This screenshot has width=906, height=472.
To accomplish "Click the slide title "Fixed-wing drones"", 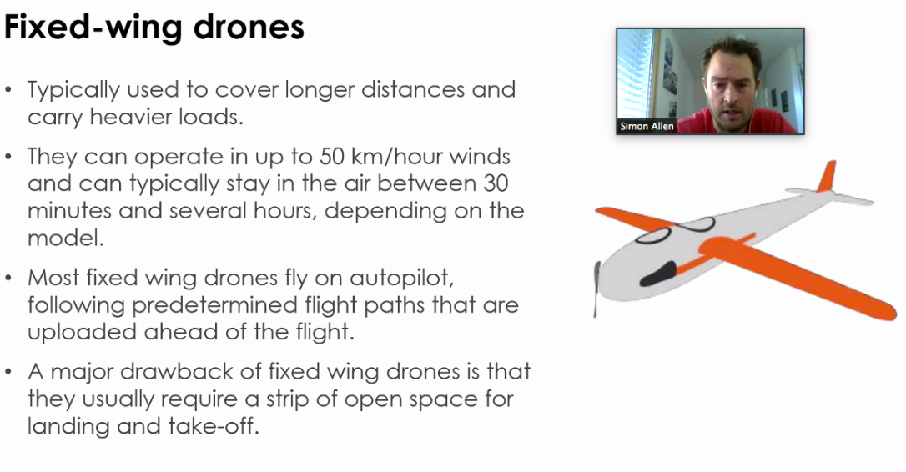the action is pos(154,28).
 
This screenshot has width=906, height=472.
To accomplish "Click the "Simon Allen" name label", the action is pos(647,126).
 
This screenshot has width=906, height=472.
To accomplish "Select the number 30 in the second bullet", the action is pos(496,183).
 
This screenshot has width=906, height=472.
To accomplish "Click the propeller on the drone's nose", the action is pos(596,289).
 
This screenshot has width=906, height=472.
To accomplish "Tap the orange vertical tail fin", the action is pos(826,176).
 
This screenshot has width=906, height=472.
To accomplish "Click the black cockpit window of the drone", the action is pos(657,274).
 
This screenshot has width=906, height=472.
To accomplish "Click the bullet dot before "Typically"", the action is pos(8,90).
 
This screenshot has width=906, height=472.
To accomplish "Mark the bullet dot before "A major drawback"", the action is pos(8,372).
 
